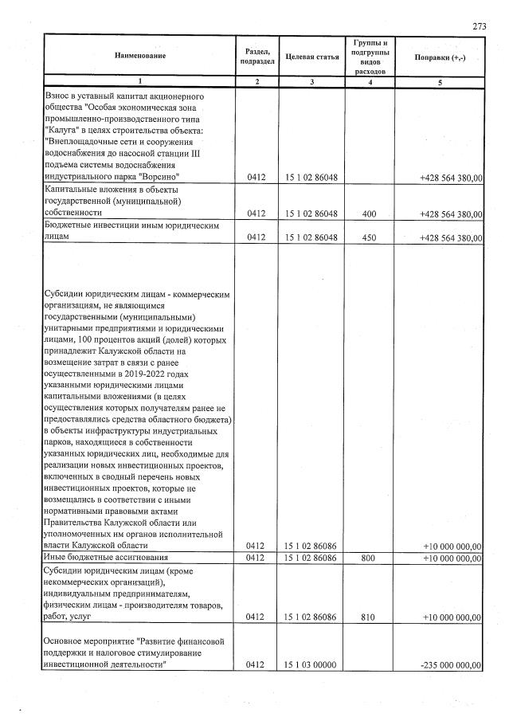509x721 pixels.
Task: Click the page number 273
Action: click(x=479, y=26)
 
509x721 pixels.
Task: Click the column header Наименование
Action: click(x=139, y=55)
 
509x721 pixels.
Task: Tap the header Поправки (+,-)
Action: click(x=439, y=56)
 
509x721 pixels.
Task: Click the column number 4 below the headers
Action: click(x=370, y=82)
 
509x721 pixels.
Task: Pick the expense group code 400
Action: click(x=370, y=214)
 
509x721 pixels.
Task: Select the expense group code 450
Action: click(x=370, y=237)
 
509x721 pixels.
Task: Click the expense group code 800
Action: click(x=370, y=558)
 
